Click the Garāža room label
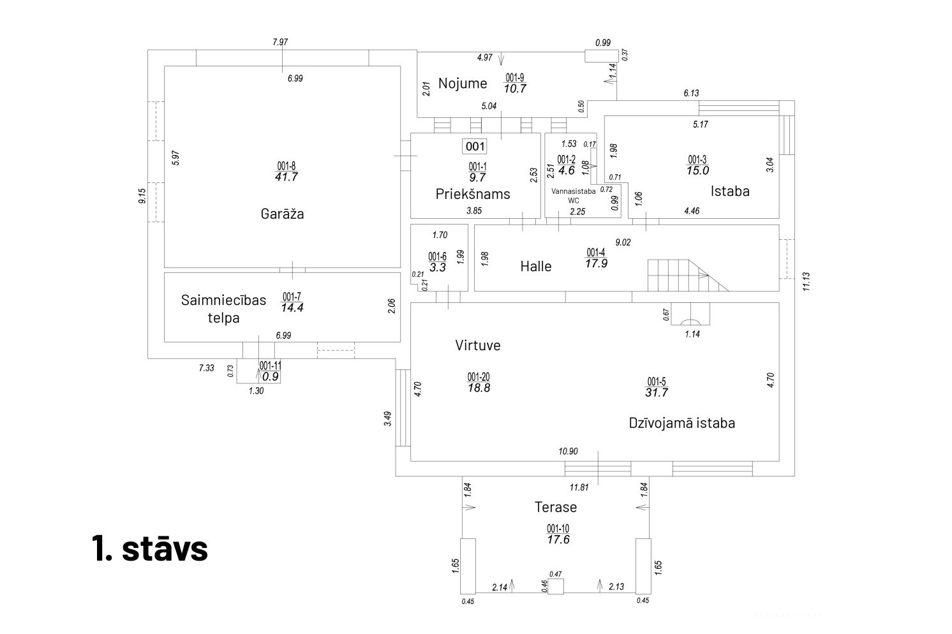click(x=282, y=214)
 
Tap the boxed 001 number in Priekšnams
click(x=475, y=146)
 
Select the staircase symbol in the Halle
click(x=687, y=275)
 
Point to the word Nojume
click(x=463, y=83)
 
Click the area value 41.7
click(x=286, y=177)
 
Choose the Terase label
click(x=556, y=507)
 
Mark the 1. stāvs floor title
click(x=151, y=548)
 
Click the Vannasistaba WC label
click(x=573, y=195)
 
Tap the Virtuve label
click(x=478, y=346)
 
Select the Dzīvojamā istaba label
click(x=681, y=423)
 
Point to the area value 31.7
click(x=656, y=393)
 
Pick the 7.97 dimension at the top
click(x=280, y=42)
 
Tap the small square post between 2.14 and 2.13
click(x=556, y=586)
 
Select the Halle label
click(x=535, y=267)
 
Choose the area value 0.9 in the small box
click(x=271, y=376)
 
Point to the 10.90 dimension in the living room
click(x=568, y=452)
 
